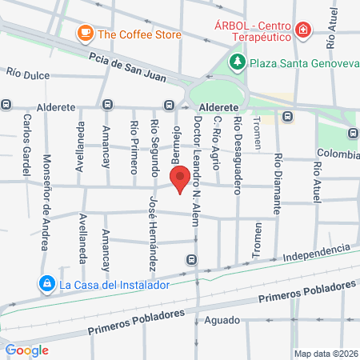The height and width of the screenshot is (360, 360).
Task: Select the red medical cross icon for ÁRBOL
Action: (x=303, y=31)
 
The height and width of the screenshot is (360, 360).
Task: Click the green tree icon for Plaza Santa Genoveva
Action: (x=237, y=62)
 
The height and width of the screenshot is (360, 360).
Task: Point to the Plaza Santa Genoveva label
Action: (x=302, y=62)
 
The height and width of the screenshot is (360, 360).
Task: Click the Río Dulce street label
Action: (x=28, y=75)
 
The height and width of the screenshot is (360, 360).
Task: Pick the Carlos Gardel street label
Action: (x=27, y=135)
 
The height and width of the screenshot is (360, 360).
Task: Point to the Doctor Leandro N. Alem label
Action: (x=197, y=169)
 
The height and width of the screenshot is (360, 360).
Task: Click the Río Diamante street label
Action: (x=278, y=183)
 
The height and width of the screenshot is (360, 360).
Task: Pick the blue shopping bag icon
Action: (x=47, y=283)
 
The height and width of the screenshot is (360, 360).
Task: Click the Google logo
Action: (x=26, y=350)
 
